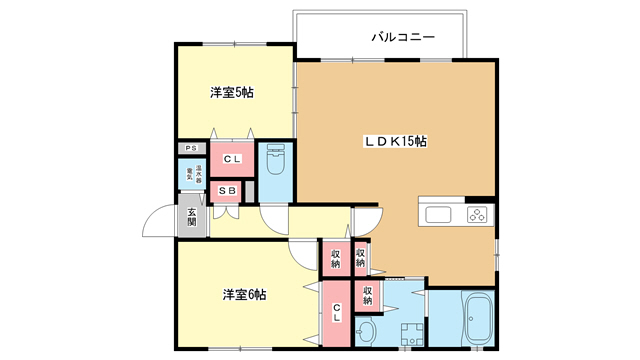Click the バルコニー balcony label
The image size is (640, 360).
pyautogui.click(x=402, y=37)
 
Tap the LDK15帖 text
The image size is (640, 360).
pyautogui.click(x=394, y=142)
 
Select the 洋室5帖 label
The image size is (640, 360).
pyautogui.click(x=231, y=93)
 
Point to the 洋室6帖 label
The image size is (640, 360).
pyautogui.click(x=244, y=294)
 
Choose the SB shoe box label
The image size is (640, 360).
pyautogui.click(x=227, y=191)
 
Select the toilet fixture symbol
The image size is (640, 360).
pyautogui.click(x=278, y=162)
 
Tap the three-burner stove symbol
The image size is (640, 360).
pyautogui.click(x=476, y=213)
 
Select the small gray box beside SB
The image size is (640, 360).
pyautogui.click(x=250, y=191)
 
